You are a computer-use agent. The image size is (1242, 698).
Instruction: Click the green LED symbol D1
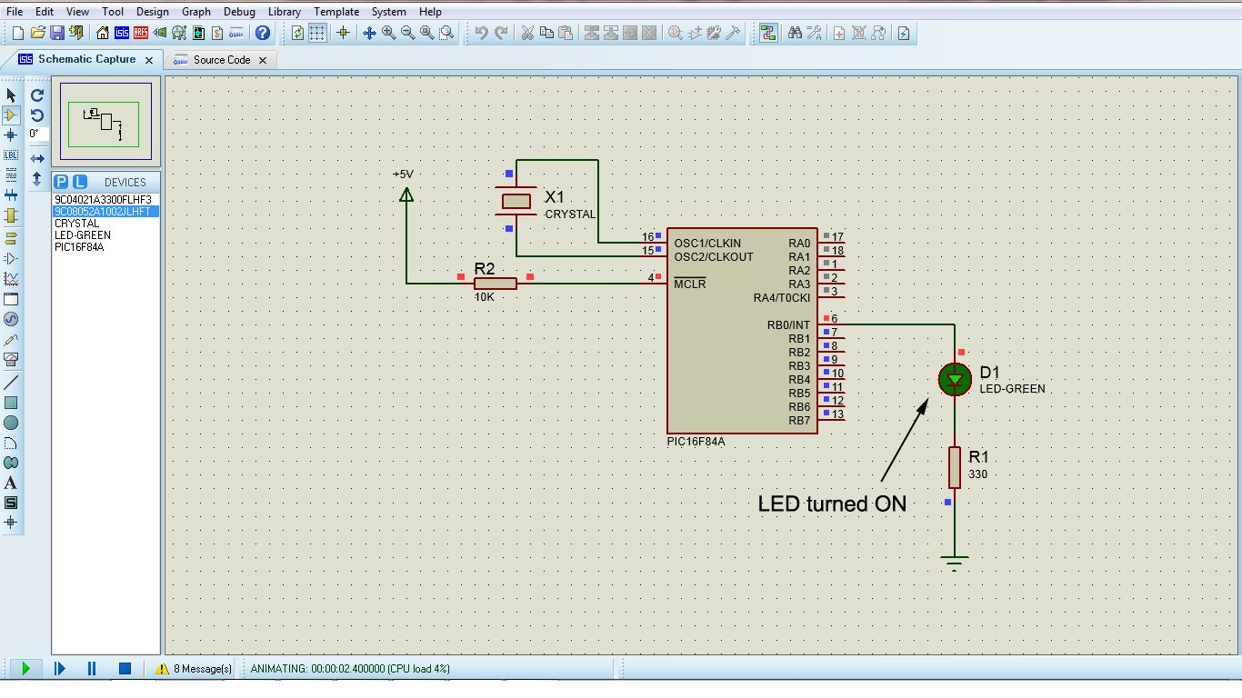(954, 380)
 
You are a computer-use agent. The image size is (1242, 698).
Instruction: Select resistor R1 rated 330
(954, 467)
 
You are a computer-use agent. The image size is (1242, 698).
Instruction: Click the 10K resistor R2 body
(496, 284)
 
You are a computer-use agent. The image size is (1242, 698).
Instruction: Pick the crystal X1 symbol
(516, 201)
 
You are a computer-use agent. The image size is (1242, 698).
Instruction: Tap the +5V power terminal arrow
(406, 194)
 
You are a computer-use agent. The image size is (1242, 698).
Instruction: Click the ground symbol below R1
(954, 562)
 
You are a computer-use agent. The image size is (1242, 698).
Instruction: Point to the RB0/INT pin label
(787, 325)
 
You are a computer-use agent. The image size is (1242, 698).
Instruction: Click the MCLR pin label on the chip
(690, 284)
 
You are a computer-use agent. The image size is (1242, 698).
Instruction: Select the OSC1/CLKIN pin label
(707, 244)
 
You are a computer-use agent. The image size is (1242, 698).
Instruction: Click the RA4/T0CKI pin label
(781, 298)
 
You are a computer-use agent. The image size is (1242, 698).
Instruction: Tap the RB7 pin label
(799, 421)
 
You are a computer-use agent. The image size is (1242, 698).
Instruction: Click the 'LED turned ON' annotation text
(832, 504)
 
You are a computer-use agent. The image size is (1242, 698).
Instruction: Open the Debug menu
(239, 12)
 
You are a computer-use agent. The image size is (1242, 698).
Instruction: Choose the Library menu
(284, 12)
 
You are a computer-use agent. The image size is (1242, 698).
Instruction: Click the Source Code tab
(221, 60)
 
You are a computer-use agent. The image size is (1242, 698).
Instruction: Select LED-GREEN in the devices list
(83, 235)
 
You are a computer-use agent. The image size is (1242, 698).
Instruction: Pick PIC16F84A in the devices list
(79, 247)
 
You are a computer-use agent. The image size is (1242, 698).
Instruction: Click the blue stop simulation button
(125, 669)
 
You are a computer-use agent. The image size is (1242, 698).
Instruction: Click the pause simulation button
(92, 669)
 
